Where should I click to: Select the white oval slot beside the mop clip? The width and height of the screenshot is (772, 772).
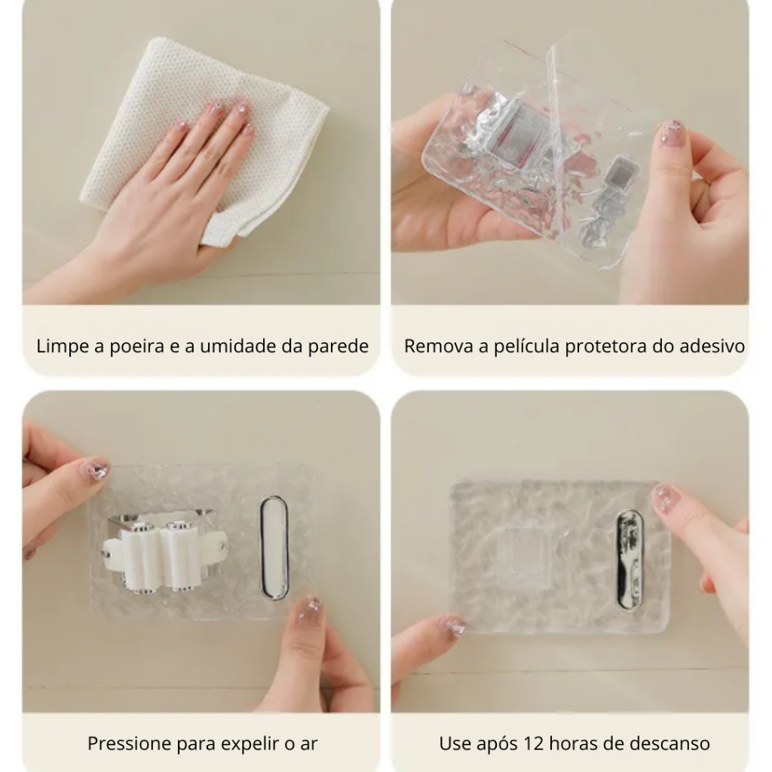click(x=274, y=548)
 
